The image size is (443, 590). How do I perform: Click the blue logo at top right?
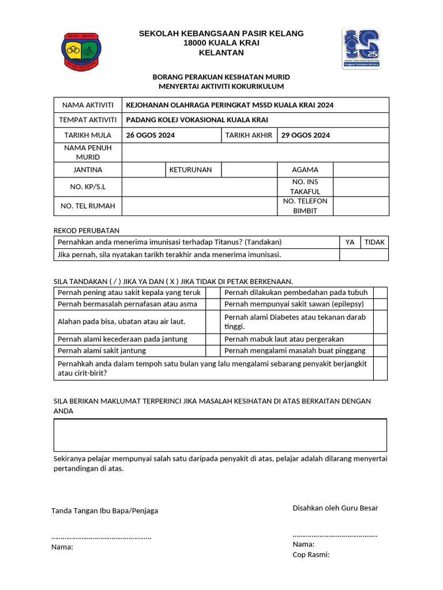361,50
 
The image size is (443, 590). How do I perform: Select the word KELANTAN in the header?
221,53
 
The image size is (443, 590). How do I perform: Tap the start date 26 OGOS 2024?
151,135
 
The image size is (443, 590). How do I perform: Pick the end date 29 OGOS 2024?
306,135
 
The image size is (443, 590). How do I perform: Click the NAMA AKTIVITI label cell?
88,105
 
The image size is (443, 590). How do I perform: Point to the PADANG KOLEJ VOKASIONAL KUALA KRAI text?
197,120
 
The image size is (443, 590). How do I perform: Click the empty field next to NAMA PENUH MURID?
255,153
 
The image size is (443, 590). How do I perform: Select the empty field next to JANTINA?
144,170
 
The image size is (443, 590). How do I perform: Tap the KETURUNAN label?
190,170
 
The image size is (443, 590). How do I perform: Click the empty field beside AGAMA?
361,170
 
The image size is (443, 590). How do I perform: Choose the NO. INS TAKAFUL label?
305,187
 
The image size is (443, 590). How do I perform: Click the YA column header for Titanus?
350,242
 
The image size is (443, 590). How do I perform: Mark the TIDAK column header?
374,242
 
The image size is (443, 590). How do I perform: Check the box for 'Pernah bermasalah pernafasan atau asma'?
213,304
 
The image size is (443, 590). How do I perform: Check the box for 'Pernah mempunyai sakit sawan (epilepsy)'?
380,304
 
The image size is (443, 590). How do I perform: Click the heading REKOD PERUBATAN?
86,230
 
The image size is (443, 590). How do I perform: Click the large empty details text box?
220,435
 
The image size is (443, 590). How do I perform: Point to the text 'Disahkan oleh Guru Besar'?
335,508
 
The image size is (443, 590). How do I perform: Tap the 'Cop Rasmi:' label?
311,554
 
